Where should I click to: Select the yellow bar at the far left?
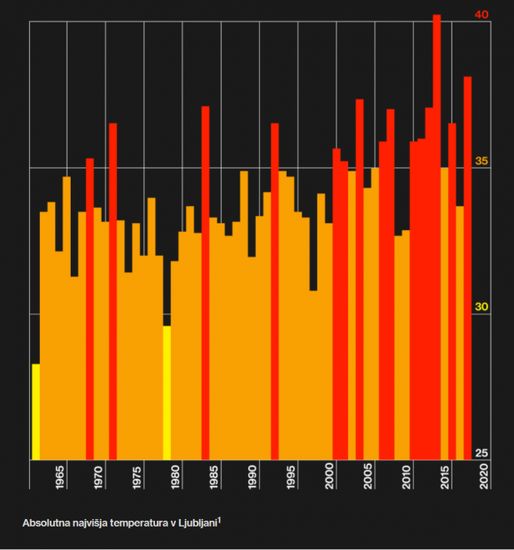click(36, 412)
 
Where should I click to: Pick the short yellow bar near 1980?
click(167, 392)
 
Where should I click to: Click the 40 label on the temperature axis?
click(482, 15)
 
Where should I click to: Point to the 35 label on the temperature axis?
click(482, 161)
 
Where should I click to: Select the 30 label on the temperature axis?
click(482, 307)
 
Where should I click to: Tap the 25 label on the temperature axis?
click(482, 452)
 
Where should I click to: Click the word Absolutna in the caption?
click(46, 523)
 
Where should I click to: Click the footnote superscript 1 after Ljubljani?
click(220, 519)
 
